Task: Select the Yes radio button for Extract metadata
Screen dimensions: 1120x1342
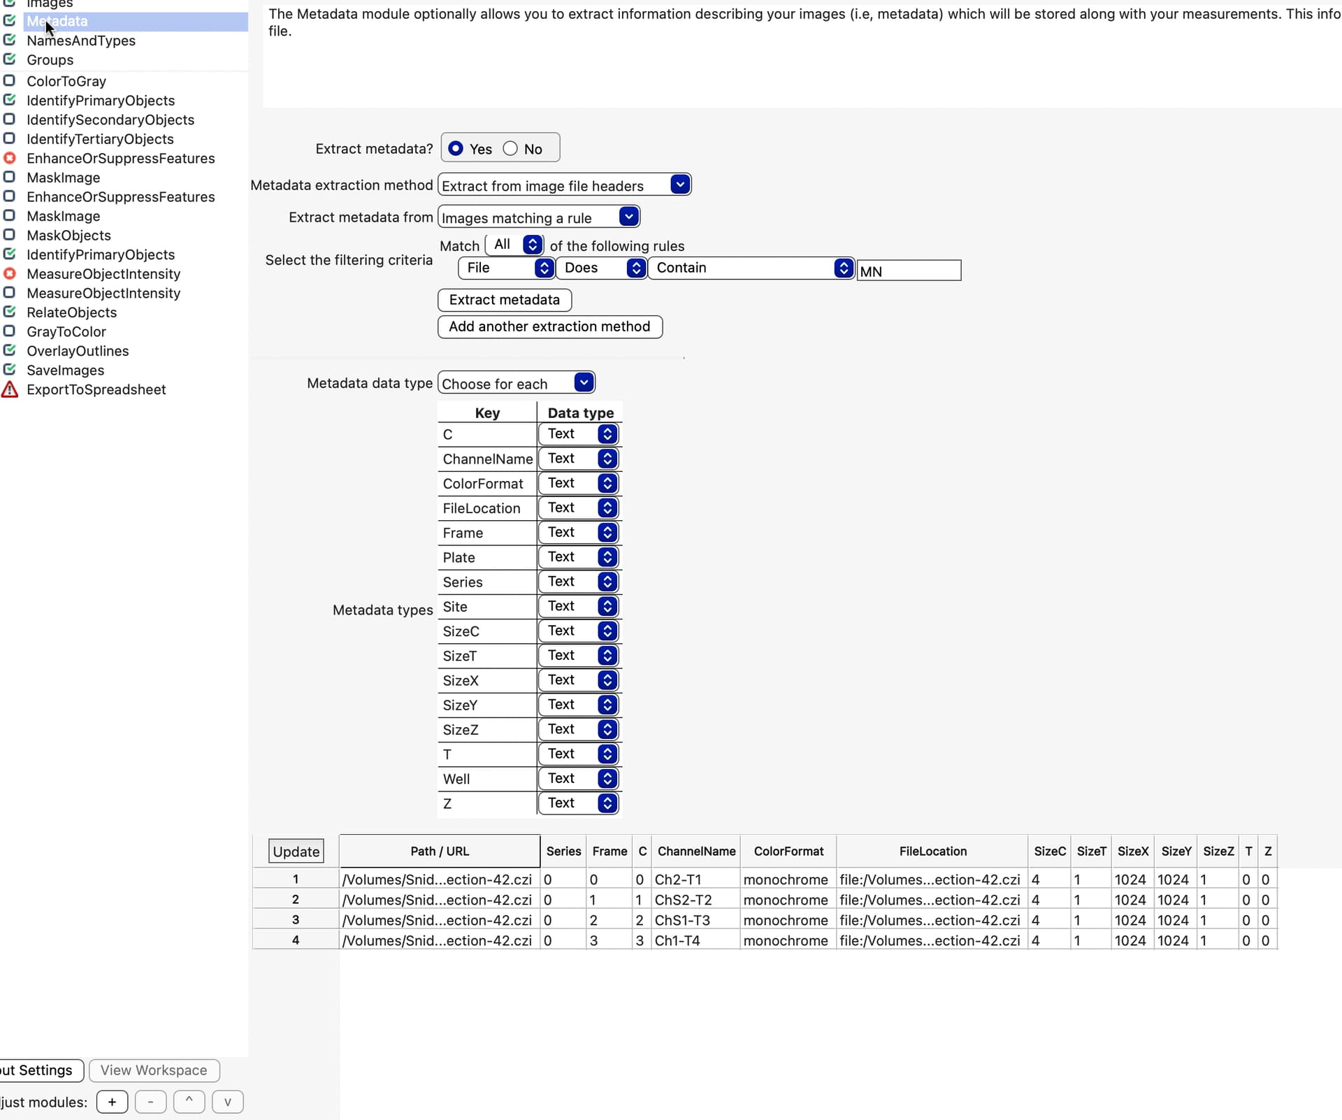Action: (456, 149)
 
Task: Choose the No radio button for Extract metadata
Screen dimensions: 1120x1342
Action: (511, 149)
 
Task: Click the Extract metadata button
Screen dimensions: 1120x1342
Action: (504, 300)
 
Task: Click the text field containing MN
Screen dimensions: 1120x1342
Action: (909, 271)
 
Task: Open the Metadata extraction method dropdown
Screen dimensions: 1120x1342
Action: (564, 185)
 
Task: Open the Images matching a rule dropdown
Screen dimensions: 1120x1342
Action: (538, 217)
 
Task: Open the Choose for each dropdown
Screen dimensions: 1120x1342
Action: (516, 383)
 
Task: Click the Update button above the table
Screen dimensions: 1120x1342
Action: (296, 852)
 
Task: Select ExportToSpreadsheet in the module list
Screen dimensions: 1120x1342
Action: (96, 390)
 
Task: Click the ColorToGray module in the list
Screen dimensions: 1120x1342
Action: (66, 81)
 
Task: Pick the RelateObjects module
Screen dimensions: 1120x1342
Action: (71, 313)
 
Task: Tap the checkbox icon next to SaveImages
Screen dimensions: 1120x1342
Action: (10, 370)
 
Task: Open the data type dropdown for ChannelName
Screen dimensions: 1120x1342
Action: (579, 459)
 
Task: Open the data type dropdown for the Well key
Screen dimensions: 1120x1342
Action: (579, 779)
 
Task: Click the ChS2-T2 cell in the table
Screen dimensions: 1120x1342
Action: (683, 900)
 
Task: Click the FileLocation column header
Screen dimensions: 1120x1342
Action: (932, 852)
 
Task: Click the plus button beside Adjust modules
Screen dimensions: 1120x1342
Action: (112, 1103)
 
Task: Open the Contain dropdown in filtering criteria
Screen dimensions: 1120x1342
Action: (751, 268)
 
